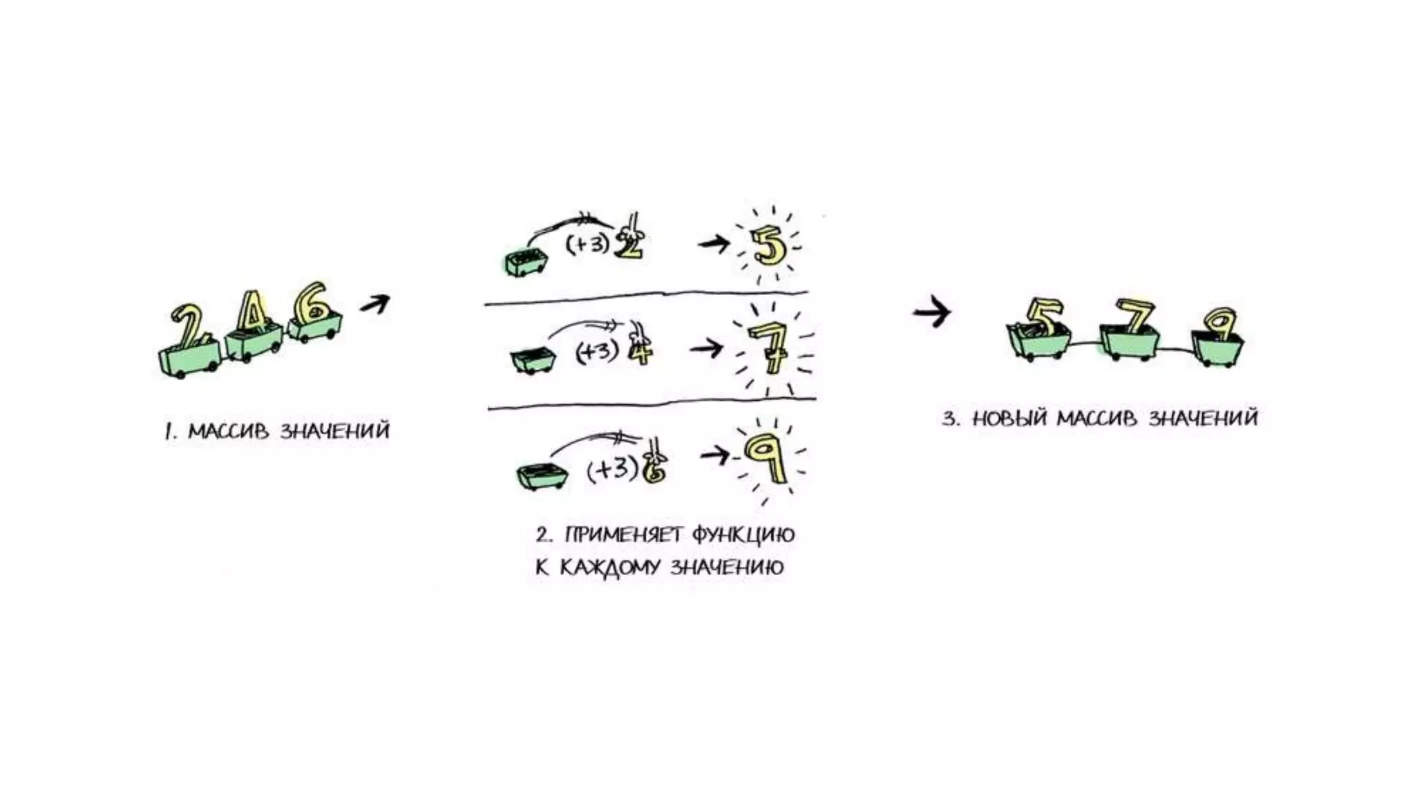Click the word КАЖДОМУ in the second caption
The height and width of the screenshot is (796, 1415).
610,568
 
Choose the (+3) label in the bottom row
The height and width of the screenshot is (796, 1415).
611,469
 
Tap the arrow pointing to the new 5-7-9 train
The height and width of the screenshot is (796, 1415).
932,312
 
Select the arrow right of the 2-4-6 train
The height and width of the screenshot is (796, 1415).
375,303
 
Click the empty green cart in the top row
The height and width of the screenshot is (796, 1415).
526,263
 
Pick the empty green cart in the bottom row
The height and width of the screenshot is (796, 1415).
542,475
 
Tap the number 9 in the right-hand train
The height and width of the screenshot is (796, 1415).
1221,324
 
